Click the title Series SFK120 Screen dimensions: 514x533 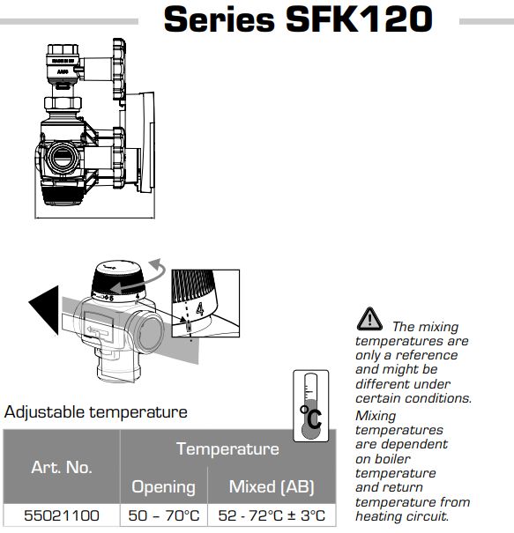point(298,19)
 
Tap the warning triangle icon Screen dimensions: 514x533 point(369,319)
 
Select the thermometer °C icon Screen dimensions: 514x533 point(311,406)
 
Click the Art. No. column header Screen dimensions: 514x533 point(62,467)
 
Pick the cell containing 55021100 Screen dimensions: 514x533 point(62,515)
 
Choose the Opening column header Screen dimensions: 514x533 point(164,486)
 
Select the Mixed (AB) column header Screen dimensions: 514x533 point(272,486)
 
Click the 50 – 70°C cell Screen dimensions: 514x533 point(164,515)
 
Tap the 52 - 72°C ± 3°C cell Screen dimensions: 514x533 point(272,515)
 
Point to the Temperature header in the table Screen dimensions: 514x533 point(227,448)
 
